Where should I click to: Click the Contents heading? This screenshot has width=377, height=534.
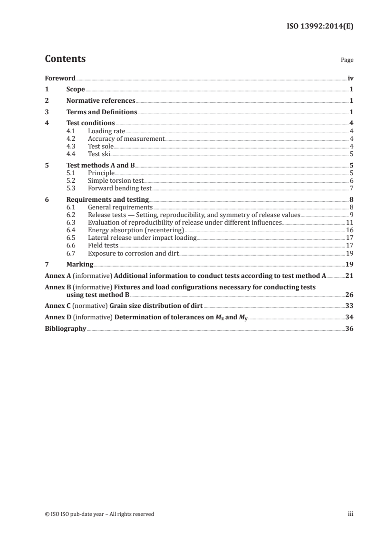point(65,59)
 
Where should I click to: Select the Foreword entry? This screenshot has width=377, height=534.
point(60,78)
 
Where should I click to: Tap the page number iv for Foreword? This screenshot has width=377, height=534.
point(350,78)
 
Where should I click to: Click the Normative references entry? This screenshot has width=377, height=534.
point(101,101)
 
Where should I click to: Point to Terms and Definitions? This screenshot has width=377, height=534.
point(102,112)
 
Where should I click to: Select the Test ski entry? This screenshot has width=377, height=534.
point(99,154)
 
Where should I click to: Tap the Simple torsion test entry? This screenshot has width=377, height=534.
point(116,181)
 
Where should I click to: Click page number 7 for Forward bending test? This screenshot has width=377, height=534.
point(351,188)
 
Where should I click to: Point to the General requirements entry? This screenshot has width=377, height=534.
point(120,208)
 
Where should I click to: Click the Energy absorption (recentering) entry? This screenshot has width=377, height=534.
point(136,230)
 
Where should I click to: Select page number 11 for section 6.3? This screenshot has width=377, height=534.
point(349,223)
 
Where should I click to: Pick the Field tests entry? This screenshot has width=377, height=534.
point(103,246)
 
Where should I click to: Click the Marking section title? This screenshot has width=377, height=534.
point(80,265)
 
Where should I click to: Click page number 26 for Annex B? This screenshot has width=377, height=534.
point(348,295)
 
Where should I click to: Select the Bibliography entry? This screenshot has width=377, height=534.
point(65,329)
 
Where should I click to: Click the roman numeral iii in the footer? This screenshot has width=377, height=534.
point(350,514)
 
